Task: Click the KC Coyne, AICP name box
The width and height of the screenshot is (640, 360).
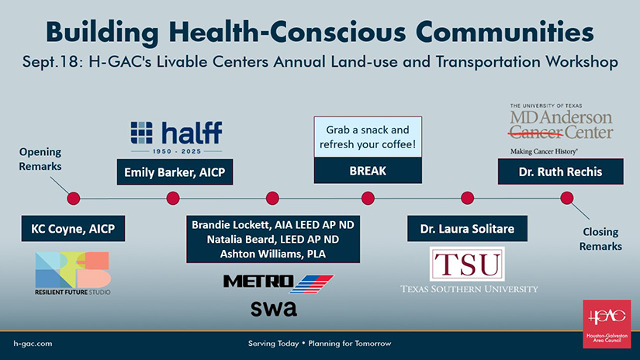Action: pos(73,229)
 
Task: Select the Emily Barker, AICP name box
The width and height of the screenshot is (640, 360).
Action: pos(175,171)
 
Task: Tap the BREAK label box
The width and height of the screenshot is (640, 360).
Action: pos(368,171)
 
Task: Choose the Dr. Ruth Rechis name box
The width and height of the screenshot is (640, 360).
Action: pos(560,171)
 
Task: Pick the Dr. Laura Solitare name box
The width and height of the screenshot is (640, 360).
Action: pos(467,229)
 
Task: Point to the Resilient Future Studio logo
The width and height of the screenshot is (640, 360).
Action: pos(73,273)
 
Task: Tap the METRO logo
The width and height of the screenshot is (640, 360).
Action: pos(278,283)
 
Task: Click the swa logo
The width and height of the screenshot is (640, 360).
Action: pos(274,309)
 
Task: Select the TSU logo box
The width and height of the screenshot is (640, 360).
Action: pos(467,264)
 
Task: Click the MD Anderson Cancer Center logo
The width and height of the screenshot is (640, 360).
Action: pos(561,129)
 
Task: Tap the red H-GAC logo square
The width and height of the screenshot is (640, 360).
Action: pos(607,324)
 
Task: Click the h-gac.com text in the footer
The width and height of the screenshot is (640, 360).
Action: pos(33,344)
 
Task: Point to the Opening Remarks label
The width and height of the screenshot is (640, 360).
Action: pos(40,159)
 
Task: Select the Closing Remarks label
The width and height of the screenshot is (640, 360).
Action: pos(600,239)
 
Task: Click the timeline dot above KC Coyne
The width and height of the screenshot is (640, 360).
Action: pos(74,199)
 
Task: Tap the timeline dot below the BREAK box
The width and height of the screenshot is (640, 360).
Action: pos(368,199)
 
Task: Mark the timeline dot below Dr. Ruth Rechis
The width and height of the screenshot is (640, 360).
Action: pos(566,199)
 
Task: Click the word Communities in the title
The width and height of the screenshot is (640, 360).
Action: pos(505,32)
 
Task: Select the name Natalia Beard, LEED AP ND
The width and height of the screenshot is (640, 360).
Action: pos(272,239)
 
